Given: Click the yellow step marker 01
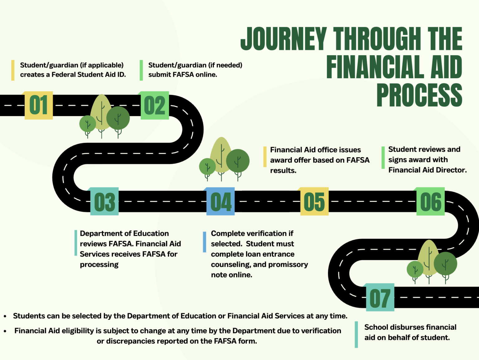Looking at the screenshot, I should point(39,105).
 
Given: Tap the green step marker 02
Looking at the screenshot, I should point(155,105).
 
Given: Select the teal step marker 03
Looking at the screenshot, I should point(104,202).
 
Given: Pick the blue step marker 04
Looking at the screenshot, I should point(221,202).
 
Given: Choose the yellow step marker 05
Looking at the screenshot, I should point(314,202).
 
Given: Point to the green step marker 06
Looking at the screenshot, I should point(431,202).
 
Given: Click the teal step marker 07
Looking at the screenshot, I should point(380,298).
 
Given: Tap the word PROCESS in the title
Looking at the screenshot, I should point(419,95).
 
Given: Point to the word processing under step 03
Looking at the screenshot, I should point(99,265).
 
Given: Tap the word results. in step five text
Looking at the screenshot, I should point(283,170).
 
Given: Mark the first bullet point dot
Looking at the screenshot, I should point(5,316).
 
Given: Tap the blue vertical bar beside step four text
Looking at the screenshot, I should point(205,242).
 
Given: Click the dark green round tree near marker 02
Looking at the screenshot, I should point(118,118).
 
